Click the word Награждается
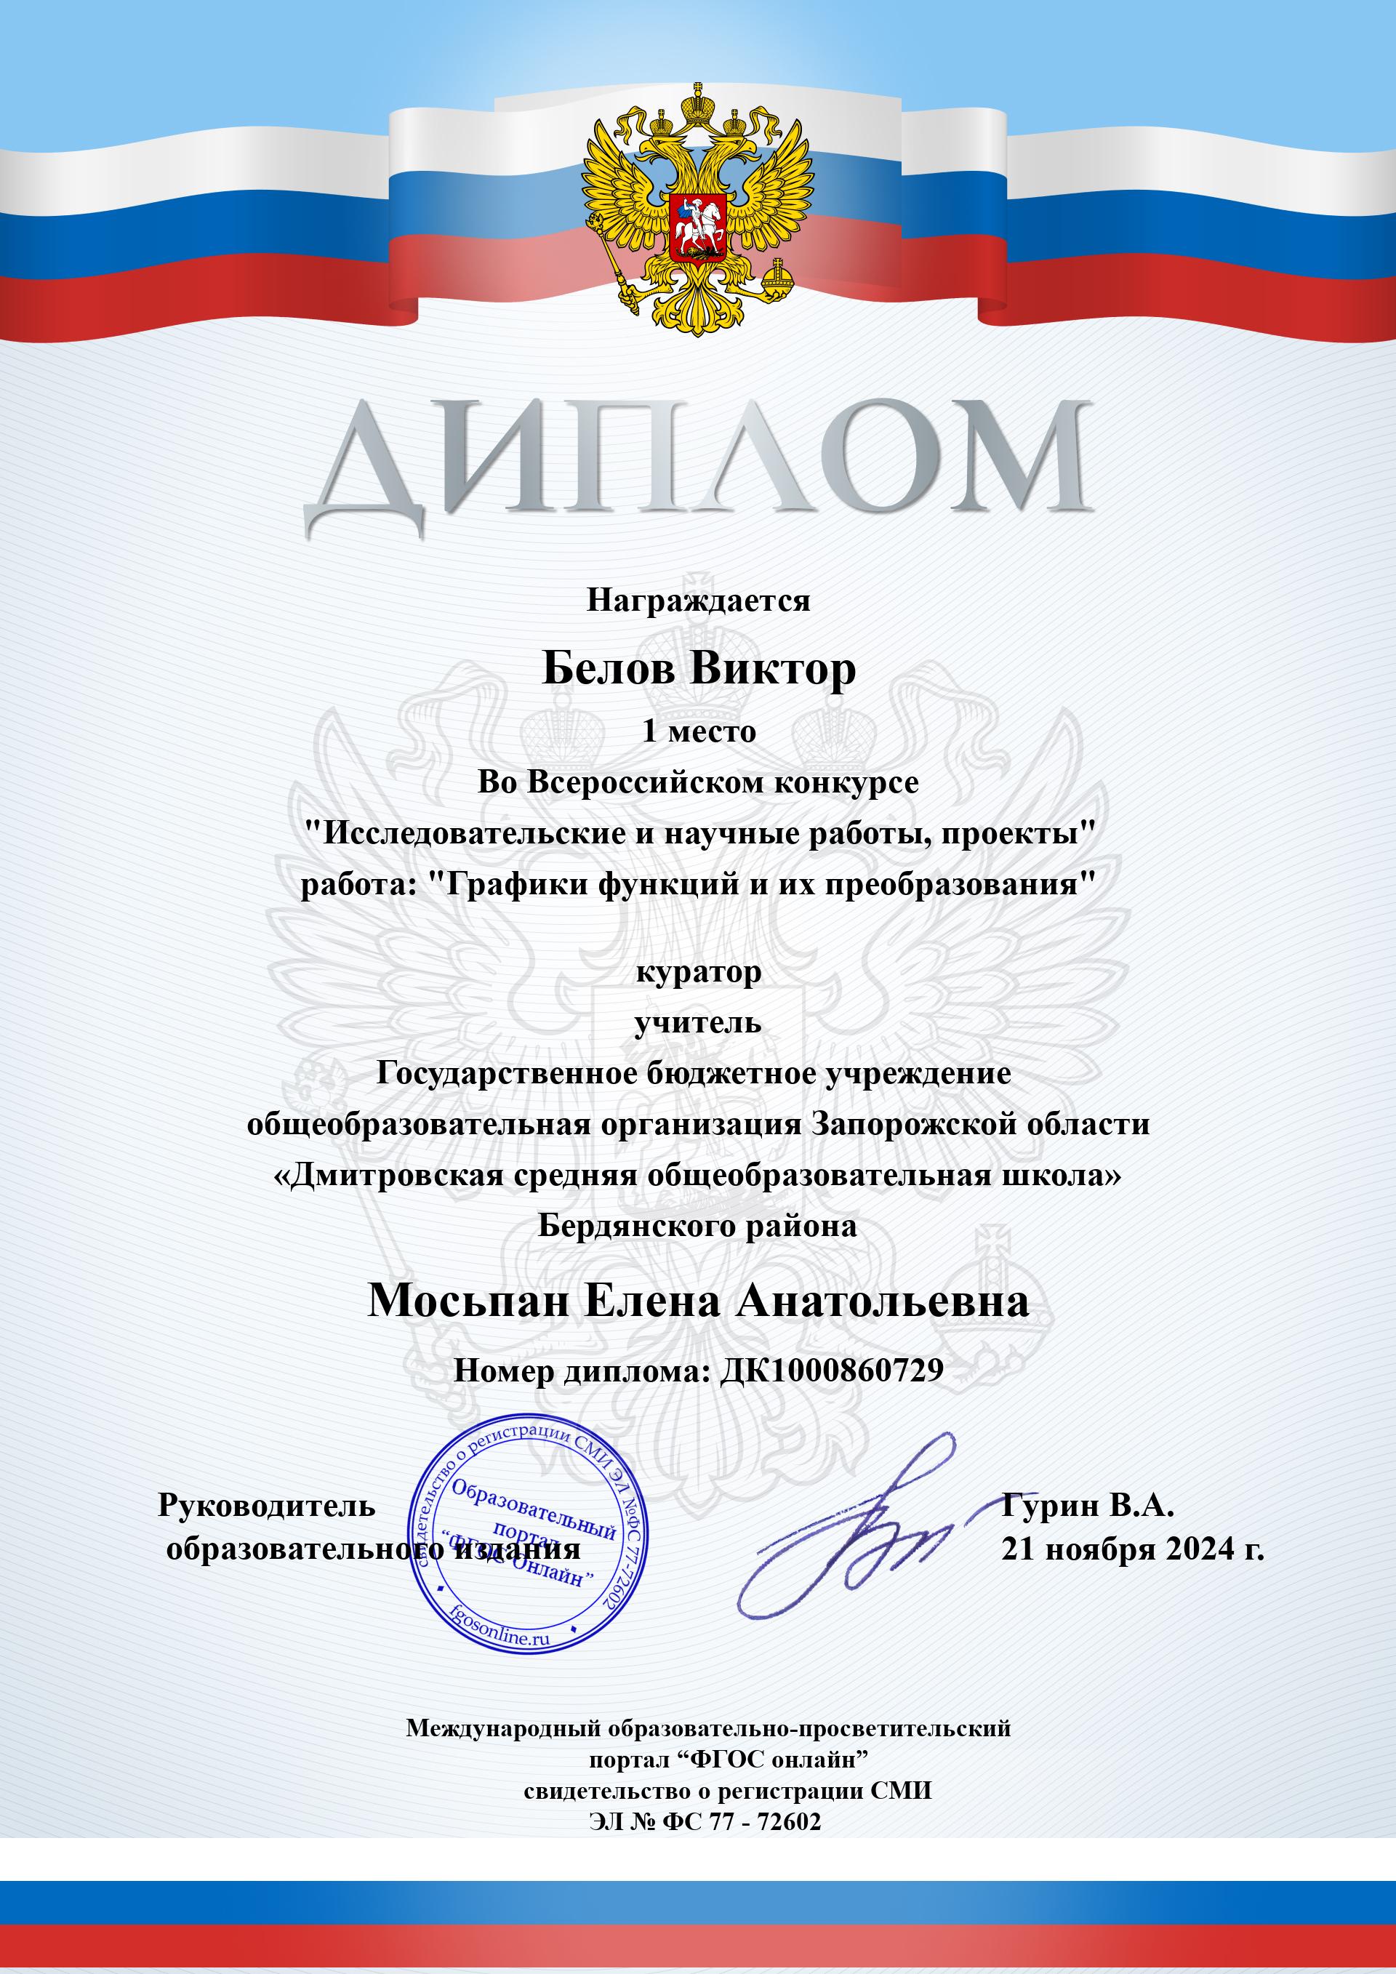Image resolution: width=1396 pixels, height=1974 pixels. tap(698, 600)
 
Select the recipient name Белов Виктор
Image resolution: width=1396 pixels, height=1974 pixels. tap(698, 669)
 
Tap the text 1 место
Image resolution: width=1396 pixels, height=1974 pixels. tap(698, 731)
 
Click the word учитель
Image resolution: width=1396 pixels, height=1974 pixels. tap(698, 1023)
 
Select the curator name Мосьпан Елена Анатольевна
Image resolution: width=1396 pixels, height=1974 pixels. tap(698, 1301)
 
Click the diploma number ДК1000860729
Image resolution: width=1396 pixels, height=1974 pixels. tap(830, 1371)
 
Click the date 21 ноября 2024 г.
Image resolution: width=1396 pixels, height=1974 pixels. tap(1132, 1550)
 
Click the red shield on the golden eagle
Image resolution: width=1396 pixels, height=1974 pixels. tap(699, 226)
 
